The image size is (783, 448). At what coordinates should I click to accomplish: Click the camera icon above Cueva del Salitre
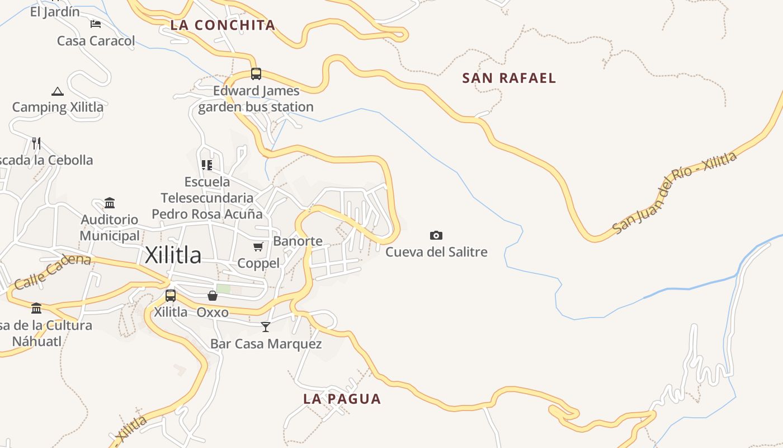pos(436,235)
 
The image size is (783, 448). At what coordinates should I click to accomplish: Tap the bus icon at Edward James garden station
pos(256,73)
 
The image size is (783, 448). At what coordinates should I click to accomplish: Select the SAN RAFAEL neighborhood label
pos(509,78)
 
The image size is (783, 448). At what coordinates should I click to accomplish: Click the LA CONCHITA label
pos(223,25)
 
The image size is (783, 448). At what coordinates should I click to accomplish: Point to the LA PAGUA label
pos(342,399)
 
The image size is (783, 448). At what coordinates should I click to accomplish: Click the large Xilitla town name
pos(173,255)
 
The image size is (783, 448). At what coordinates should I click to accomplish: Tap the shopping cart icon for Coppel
pos(258,246)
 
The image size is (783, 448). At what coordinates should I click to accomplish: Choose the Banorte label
pos(298,241)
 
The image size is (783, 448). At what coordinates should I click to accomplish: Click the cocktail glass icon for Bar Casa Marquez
pos(266,326)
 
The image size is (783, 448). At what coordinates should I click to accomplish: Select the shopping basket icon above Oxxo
pos(213,296)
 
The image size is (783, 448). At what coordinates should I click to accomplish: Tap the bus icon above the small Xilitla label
pos(171,295)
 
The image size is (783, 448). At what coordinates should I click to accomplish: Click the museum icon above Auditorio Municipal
pos(110,202)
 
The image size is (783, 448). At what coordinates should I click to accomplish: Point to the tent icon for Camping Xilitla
pos(57,91)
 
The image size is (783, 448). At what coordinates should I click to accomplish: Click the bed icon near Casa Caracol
pos(96,24)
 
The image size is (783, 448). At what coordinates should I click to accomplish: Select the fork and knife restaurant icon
pos(36,143)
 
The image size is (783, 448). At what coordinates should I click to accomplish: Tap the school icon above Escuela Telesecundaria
pos(207,165)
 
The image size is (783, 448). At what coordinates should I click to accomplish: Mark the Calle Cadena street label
pos(53,272)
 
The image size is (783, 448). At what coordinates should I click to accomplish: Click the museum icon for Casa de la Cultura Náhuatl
pos(36,308)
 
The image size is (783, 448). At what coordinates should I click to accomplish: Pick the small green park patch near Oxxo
pos(223,289)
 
